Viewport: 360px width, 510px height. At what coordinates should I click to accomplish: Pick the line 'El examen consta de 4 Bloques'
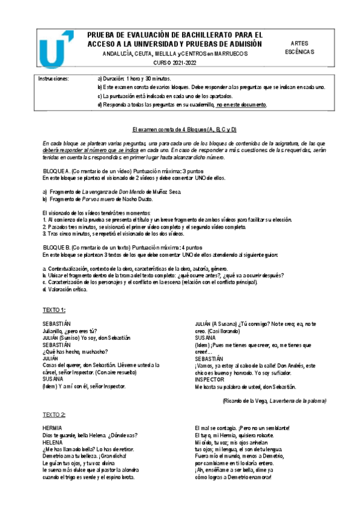[x=185, y=130]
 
